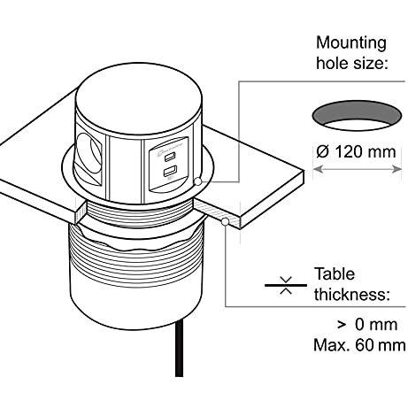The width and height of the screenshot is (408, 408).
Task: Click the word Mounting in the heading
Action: click(x=351, y=44)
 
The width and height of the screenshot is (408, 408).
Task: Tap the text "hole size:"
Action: click(x=351, y=63)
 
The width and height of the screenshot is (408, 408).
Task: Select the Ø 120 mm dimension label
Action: click(x=356, y=151)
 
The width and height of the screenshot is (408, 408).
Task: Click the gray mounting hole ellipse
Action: click(x=357, y=116)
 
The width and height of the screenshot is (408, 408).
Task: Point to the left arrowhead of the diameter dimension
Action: click(x=317, y=169)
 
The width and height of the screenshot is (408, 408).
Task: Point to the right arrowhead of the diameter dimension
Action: click(x=397, y=169)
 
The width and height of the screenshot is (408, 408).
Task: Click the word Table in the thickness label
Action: click(x=335, y=274)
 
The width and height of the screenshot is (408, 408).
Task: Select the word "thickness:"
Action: click(x=351, y=294)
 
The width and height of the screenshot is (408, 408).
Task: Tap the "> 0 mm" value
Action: click(x=367, y=325)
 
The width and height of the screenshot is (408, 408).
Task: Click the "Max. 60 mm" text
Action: click(x=359, y=345)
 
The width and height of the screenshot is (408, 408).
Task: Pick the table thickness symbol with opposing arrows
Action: click(x=286, y=285)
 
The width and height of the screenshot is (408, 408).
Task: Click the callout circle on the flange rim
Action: click(x=198, y=181)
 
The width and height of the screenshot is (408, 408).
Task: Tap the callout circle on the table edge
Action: click(x=225, y=221)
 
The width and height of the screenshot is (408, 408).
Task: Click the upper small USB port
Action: click(x=169, y=158)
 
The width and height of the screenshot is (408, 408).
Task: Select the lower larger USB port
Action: click(x=170, y=172)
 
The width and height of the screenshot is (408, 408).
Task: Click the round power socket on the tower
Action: click(x=89, y=154)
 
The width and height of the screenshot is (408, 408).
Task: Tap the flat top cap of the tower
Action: click(x=139, y=98)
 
